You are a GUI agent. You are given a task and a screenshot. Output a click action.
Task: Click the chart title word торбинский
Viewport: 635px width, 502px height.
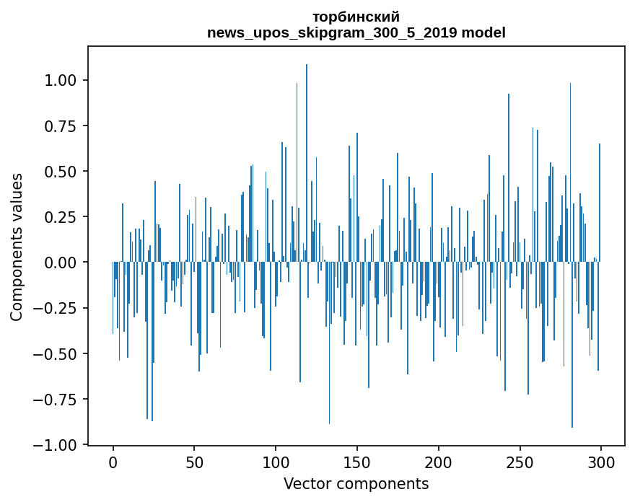pos(356,17)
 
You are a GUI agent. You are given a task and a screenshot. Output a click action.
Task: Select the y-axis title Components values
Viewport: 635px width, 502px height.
pos(17,247)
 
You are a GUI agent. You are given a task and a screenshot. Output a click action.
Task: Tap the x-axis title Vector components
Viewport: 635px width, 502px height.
pos(356,484)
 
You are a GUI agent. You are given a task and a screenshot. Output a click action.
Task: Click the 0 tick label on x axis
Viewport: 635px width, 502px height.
pos(113,462)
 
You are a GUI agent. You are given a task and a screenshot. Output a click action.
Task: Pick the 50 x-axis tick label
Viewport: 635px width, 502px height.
pos(195,462)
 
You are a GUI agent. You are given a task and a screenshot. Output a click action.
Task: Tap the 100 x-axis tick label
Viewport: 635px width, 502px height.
pos(276,462)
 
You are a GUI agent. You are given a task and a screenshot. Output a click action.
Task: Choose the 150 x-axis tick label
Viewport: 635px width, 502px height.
pos(357,462)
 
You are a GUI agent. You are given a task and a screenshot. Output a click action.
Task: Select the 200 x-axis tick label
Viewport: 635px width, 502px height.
pos(439,462)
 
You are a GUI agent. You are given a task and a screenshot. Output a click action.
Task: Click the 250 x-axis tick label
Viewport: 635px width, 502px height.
pos(520,462)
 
